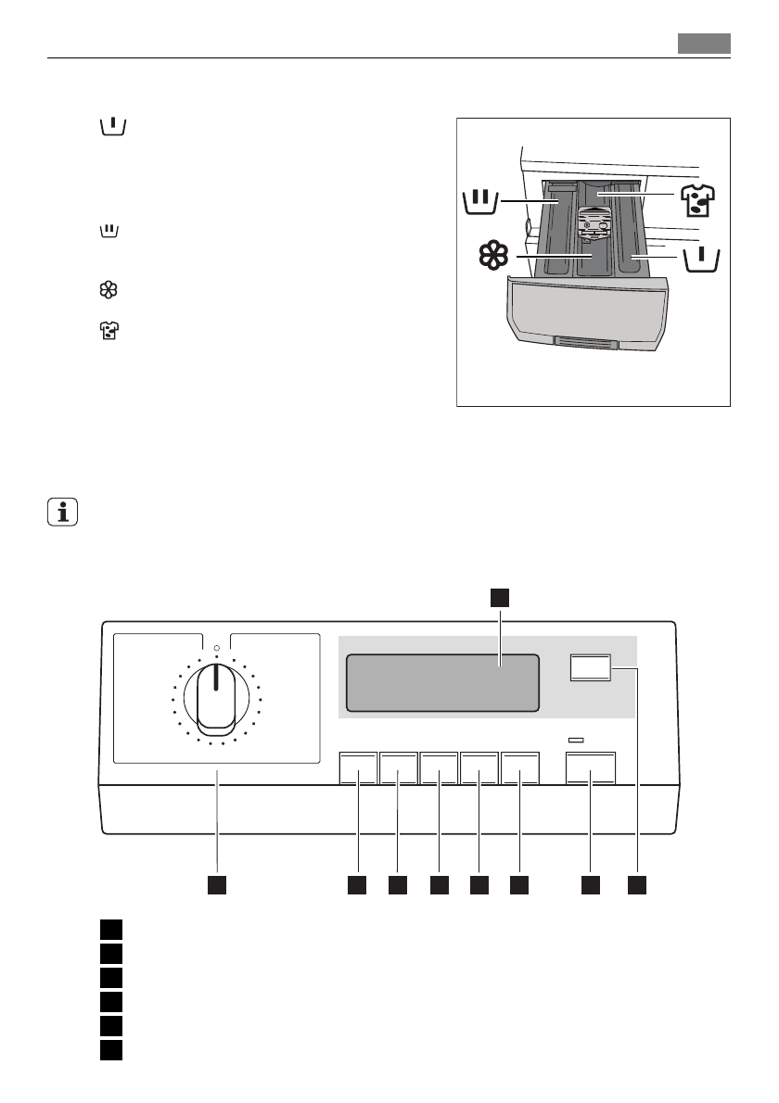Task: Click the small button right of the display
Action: (590, 669)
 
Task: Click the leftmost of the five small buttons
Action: (358, 767)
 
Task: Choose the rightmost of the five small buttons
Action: (520, 767)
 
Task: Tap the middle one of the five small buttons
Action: (440, 767)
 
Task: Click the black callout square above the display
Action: (500, 597)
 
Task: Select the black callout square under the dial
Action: (217, 884)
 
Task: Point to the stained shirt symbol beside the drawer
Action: (700, 203)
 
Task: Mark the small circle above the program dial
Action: (215, 648)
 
